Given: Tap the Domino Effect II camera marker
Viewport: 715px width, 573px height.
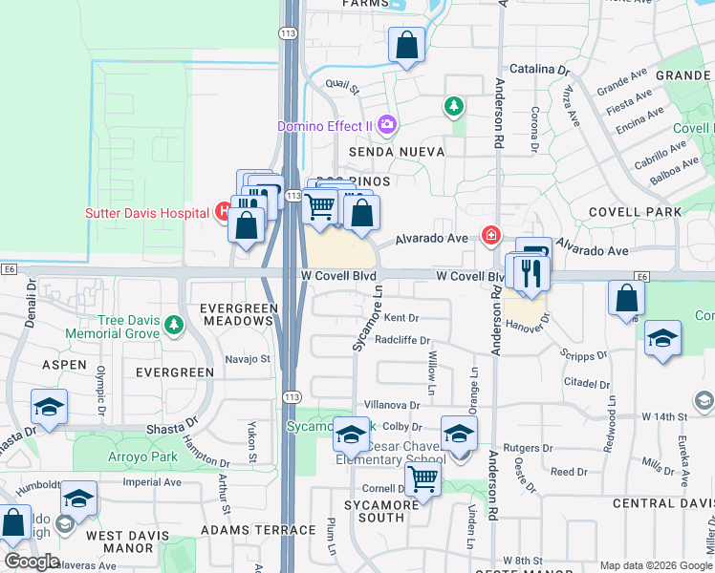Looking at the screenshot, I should (x=387, y=125).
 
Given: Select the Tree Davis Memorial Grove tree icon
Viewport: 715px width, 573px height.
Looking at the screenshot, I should (x=173, y=326).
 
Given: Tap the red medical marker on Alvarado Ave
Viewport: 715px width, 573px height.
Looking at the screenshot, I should (x=491, y=234).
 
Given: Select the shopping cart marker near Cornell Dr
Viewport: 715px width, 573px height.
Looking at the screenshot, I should (x=422, y=479).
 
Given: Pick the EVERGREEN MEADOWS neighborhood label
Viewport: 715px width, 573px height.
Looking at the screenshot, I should (x=237, y=314).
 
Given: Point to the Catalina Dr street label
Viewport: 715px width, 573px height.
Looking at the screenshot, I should (x=539, y=70).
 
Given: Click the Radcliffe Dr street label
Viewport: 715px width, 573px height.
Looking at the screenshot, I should (x=403, y=340).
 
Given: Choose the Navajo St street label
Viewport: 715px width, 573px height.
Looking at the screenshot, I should (x=248, y=359).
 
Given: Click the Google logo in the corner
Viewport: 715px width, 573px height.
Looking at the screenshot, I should (x=32, y=562).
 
